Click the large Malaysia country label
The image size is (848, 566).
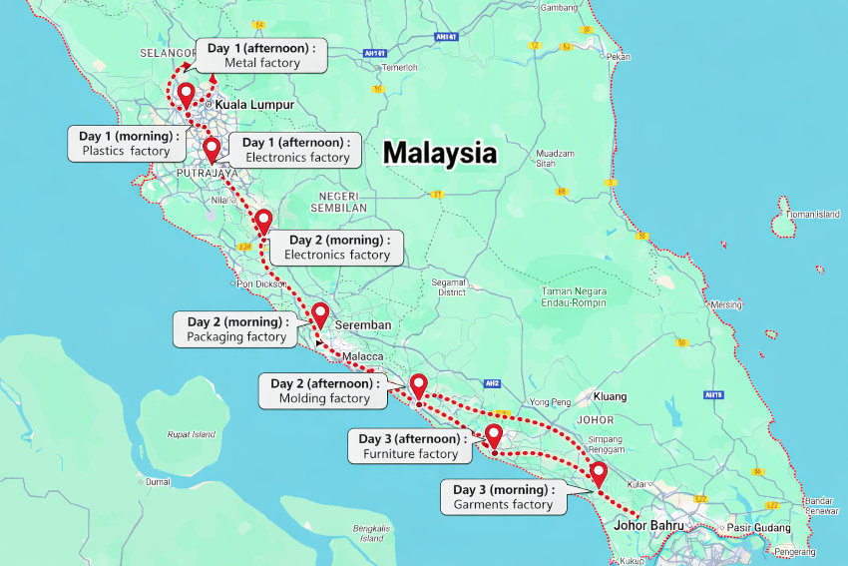439,153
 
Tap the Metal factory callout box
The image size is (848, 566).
262,56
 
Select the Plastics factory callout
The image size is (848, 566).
126,144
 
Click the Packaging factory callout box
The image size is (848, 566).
236,329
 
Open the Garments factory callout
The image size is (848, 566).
503,497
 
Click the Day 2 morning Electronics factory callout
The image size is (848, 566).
337,248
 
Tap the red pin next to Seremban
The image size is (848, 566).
320,314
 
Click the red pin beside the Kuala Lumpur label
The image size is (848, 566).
186,96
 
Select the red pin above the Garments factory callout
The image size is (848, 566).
599,473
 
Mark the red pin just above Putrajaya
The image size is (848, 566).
212,150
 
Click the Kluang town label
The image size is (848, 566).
610,396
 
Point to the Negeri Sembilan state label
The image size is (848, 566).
343,202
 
